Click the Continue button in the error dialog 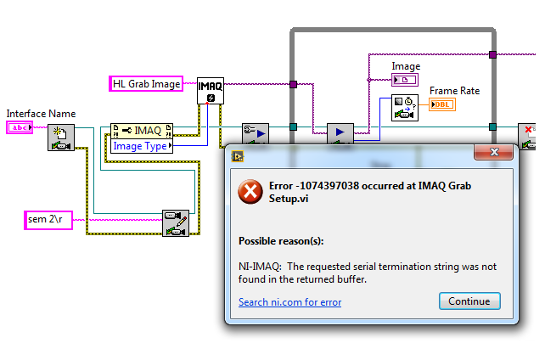tap(469, 301)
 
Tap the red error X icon tap(250, 193)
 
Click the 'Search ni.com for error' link tap(288, 301)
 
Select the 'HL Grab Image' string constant tap(147, 83)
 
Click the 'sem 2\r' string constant tap(48, 221)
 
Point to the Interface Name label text tap(41, 114)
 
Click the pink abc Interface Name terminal tap(19, 127)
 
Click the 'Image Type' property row tap(140, 146)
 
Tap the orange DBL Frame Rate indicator tap(441, 104)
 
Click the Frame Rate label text tap(454, 91)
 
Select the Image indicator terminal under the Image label tap(404, 80)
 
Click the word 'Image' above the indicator tap(406, 66)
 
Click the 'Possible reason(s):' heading tap(281, 240)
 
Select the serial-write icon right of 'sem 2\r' tap(176, 222)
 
